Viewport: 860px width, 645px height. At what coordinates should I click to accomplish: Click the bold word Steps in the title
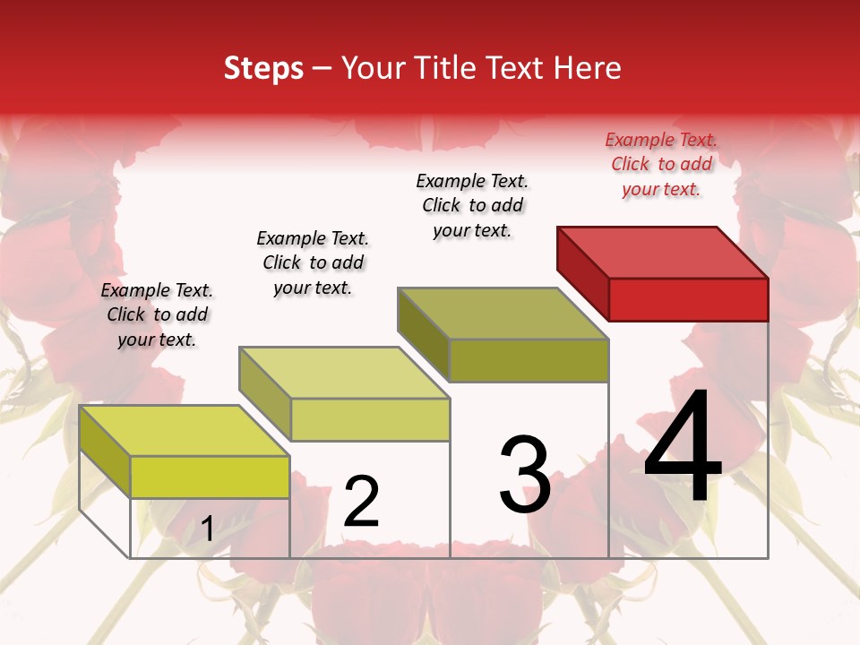point(263,68)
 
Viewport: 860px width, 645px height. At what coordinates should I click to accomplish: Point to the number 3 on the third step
point(525,475)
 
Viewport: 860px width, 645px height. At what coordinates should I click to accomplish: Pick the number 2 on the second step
point(361,502)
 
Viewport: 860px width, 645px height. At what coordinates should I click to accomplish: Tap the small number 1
point(208,529)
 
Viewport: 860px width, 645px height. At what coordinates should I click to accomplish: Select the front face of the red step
point(688,299)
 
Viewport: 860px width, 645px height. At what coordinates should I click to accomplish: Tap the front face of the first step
point(210,477)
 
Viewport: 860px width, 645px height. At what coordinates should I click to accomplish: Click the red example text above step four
point(661,164)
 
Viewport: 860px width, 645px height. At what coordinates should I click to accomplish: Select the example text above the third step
point(472,205)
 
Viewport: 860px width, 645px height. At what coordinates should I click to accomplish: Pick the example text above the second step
point(313,262)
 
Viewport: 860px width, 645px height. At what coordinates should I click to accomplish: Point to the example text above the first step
point(157,314)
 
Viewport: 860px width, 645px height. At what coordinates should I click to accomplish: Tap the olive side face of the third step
point(424,331)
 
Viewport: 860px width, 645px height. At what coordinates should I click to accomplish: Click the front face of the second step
point(370,419)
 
